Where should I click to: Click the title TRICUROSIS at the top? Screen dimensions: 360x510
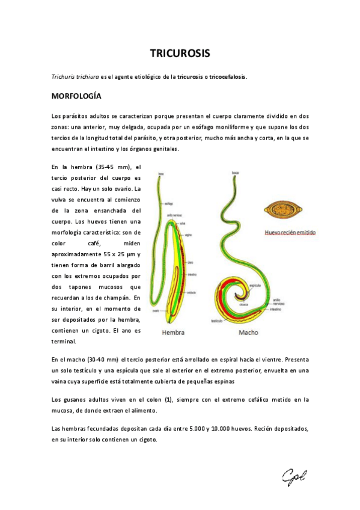click(180, 54)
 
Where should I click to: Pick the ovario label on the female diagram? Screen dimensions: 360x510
click(155, 311)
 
